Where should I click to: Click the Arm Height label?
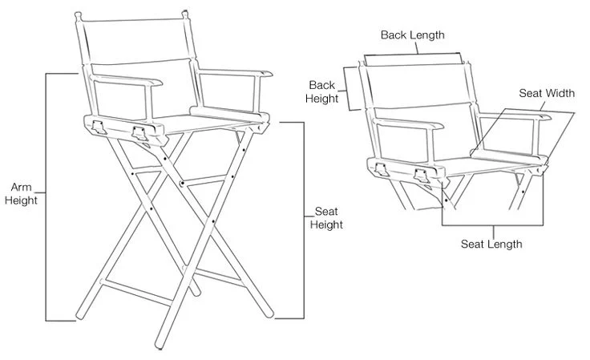(21, 193)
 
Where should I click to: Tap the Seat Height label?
(326, 218)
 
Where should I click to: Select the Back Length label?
(412, 35)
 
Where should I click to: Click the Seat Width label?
(547, 94)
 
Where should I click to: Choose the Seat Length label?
(491, 244)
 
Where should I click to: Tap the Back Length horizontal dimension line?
(413, 55)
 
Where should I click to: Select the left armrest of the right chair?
(409, 125)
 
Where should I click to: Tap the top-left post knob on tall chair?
(77, 15)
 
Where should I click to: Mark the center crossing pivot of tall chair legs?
(184, 184)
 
